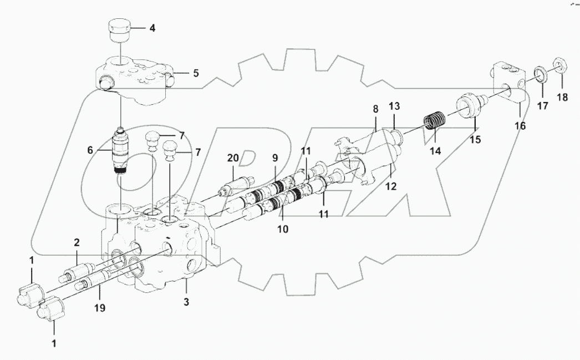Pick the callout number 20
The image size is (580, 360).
(233, 159)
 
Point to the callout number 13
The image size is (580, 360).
(394, 107)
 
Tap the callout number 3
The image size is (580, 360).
(186, 302)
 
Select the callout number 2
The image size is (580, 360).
(77, 242)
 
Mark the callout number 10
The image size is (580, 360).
(283, 227)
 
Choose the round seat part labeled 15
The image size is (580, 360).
(470, 106)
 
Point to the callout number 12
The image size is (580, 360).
(392, 187)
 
